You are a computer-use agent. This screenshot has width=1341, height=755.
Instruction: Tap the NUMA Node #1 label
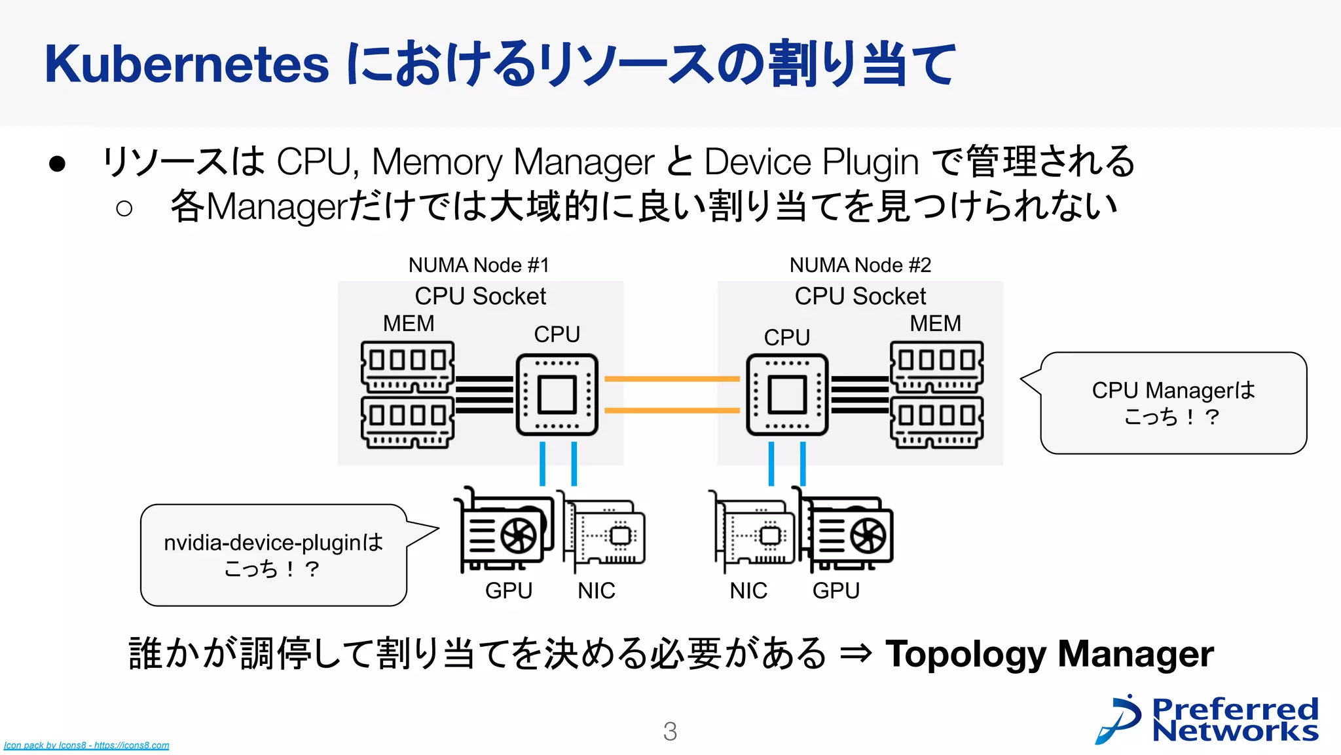479,265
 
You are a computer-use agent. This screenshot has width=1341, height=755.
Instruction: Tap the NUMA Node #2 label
860,265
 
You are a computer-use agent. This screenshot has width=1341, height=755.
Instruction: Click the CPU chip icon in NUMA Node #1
557,395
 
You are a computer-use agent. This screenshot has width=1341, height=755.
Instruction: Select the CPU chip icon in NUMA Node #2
787,395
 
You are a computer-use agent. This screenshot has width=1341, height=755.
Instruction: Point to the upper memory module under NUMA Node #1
407,366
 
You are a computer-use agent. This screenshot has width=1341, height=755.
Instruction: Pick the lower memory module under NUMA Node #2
936,422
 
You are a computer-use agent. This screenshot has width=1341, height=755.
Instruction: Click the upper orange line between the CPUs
672,379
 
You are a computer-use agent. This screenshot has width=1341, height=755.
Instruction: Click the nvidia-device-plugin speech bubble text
273,554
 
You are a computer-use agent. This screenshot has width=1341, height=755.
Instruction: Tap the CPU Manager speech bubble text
1173,402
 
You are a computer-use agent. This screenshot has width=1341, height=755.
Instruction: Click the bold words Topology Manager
1049,653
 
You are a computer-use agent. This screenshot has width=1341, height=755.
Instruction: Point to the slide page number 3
670,731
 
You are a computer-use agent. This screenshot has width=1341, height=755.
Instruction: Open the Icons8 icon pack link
86,745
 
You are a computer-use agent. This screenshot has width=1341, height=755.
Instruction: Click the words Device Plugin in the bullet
811,161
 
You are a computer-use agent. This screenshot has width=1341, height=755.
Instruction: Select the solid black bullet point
58,164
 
